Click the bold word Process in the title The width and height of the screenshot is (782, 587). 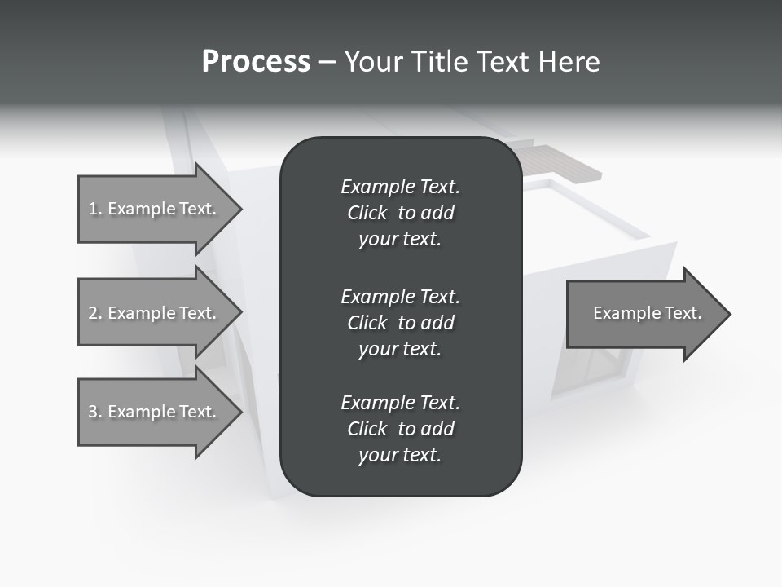(x=256, y=61)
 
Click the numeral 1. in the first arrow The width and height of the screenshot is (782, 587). (x=95, y=209)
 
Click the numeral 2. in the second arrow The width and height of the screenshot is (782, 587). (x=95, y=313)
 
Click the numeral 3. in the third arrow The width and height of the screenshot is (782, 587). (x=95, y=412)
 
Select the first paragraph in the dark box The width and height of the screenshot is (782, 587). (x=400, y=213)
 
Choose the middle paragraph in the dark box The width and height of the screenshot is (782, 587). (x=400, y=322)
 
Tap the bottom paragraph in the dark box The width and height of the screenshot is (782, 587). (x=400, y=429)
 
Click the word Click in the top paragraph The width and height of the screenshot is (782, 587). (x=367, y=213)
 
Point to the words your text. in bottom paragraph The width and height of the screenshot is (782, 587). (x=400, y=455)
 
